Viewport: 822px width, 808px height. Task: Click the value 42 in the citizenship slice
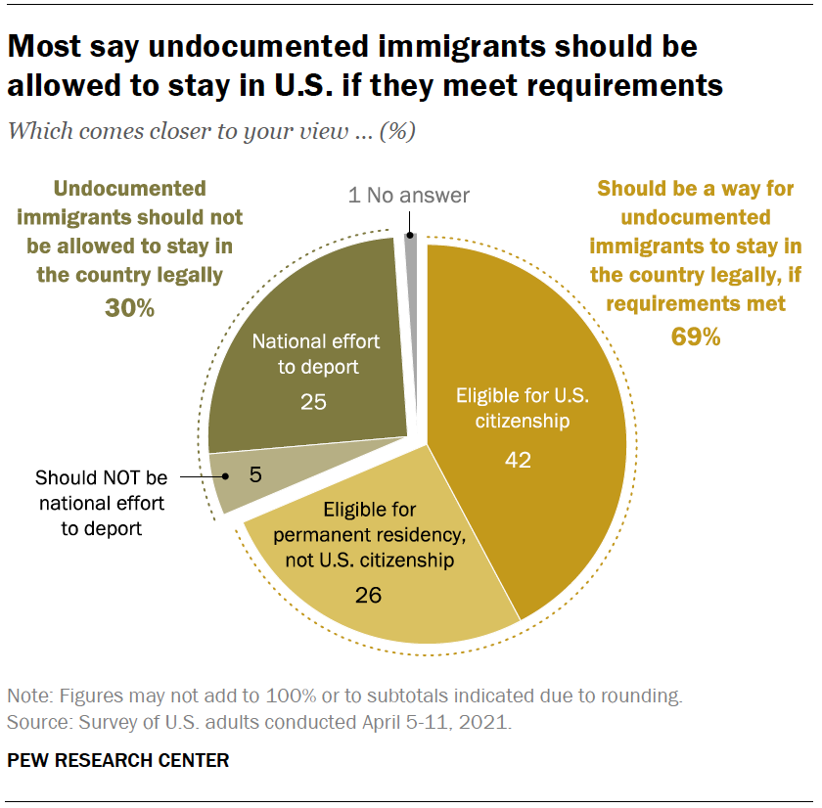[x=518, y=459]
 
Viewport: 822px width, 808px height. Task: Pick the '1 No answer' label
[x=408, y=196]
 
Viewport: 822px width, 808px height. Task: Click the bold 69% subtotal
[x=695, y=337]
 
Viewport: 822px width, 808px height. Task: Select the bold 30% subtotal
[x=129, y=308]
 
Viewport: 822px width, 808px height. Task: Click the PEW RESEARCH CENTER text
[x=118, y=760]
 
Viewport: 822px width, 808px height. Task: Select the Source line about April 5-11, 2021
[x=259, y=724]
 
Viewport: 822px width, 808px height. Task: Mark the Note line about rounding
[x=343, y=697]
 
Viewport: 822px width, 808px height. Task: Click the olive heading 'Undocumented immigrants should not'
[x=130, y=217]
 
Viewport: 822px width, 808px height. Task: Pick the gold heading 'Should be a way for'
[x=695, y=188]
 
